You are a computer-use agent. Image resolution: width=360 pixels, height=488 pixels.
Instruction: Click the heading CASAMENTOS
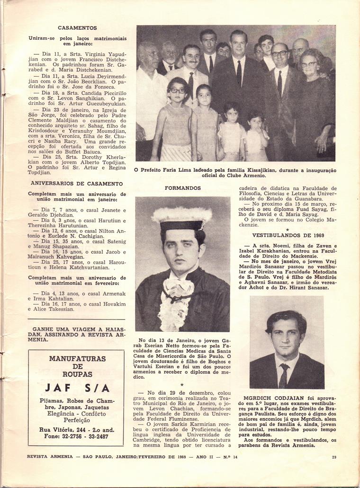click(77, 28)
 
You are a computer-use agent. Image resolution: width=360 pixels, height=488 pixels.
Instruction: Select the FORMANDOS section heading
click(183, 188)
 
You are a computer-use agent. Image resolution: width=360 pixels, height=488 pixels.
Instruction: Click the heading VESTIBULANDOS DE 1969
click(288, 235)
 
